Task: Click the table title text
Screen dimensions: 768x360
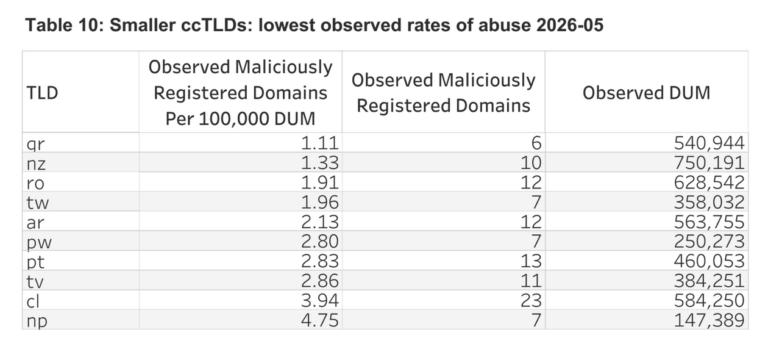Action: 314,25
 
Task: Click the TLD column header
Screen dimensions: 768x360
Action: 42,93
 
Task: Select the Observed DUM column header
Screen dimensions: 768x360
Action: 647,93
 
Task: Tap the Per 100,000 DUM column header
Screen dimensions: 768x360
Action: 240,93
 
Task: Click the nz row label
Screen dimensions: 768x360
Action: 36,163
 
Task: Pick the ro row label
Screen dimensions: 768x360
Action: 35,183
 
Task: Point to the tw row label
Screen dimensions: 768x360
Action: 38,202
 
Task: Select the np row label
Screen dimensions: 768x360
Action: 37,321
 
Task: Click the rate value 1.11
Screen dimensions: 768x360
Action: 319,143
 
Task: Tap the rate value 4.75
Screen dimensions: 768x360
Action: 319,320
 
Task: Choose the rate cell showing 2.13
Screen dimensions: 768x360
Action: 319,222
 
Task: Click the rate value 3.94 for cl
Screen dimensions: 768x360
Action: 319,300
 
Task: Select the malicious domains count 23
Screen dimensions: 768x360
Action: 531,300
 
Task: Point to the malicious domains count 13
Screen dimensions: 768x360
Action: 531,261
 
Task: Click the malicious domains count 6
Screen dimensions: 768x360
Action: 537,143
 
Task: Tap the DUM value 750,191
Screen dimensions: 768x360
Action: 709,163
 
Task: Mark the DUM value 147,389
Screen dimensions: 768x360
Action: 709,320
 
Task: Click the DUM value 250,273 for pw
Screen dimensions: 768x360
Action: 709,241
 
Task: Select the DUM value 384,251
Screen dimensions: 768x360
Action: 709,281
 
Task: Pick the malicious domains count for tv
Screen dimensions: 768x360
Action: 531,281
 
